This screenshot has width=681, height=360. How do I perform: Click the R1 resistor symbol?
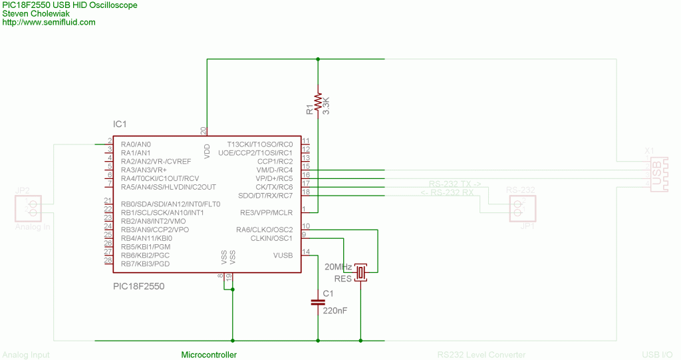[319, 101]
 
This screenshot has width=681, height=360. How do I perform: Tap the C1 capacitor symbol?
[319, 303]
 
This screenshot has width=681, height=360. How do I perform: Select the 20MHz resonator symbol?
[360, 272]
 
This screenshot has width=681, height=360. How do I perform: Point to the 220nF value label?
[335, 310]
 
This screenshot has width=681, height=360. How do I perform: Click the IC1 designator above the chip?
[120, 124]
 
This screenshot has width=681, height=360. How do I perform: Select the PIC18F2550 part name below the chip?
[138, 287]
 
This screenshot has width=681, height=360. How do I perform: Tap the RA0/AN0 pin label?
[136, 144]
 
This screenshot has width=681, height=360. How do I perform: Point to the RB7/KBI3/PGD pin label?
[145, 264]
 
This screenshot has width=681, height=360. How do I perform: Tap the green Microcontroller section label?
[209, 355]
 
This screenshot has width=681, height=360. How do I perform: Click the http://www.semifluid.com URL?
[49, 23]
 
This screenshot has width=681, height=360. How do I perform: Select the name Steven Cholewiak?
[35, 14]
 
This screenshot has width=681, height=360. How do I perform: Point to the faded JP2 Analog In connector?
[27, 208]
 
